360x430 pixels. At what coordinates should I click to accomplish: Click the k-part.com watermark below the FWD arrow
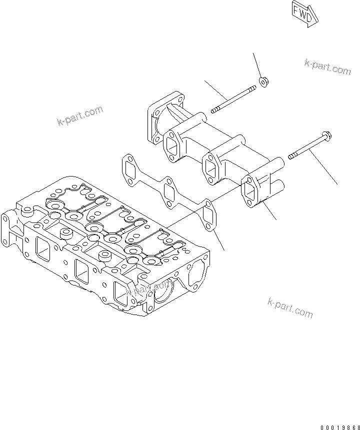(x=327, y=66)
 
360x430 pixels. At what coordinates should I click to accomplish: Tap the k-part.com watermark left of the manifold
(x=80, y=116)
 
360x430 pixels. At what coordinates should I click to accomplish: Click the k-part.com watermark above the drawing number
(x=290, y=307)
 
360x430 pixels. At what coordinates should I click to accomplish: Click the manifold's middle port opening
(x=211, y=168)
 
